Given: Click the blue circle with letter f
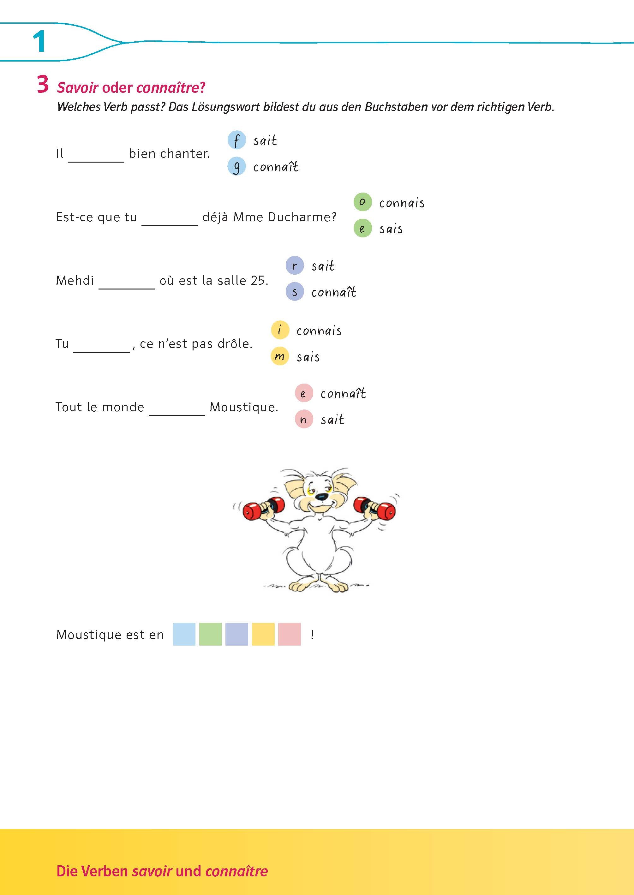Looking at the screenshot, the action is pyautogui.click(x=236, y=140).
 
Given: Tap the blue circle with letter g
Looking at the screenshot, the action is pyautogui.click(x=236, y=167).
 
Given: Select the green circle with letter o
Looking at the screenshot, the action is pyautogui.click(x=363, y=202).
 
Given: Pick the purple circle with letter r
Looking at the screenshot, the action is pyautogui.click(x=295, y=266).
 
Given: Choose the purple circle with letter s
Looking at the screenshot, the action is pyautogui.click(x=295, y=292).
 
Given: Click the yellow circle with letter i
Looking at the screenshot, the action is pyautogui.click(x=280, y=330).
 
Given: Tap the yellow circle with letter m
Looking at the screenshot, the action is pyautogui.click(x=280, y=356).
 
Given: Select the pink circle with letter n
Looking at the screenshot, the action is pyautogui.click(x=304, y=419).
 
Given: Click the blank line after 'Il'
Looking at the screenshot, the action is pyautogui.click(x=96, y=162).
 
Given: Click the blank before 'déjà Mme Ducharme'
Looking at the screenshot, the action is pyautogui.click(x=170, y=225).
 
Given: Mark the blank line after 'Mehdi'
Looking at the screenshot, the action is pyautogui.click(x=127, y=289).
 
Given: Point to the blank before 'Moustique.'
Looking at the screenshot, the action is pyautogui.click(x=177, y=415).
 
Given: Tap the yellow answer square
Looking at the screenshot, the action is pyautogui.click(x=263, y=634).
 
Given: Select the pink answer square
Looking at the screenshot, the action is pyautogui.click(x=290, y=634).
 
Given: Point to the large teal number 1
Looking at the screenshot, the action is pyautogui.click(x=39, y=42).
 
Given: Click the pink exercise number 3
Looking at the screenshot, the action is pyautogui.click(x=43, y=84).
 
